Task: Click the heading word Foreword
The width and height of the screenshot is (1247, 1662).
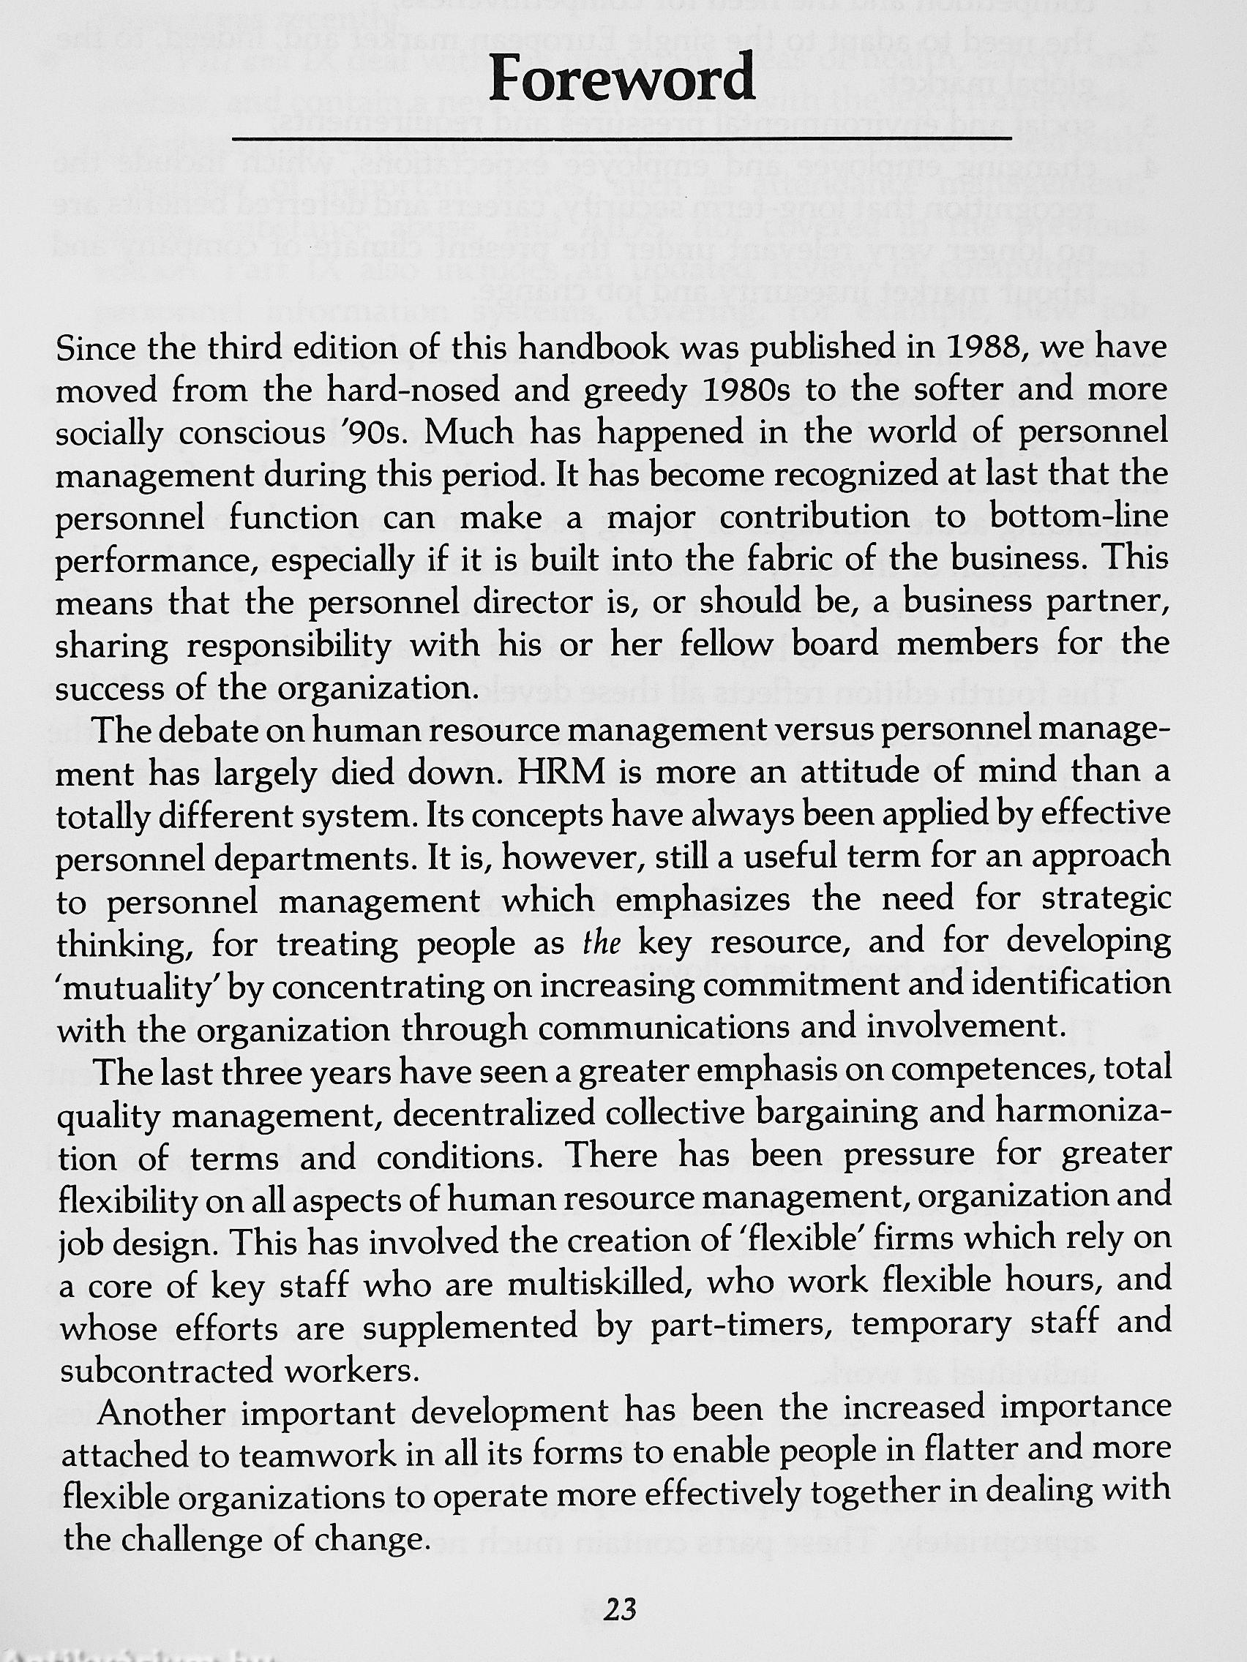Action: [621, 78]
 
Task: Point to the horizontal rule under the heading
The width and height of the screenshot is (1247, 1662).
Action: [621, 138]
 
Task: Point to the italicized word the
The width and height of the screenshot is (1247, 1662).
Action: [602, 942]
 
